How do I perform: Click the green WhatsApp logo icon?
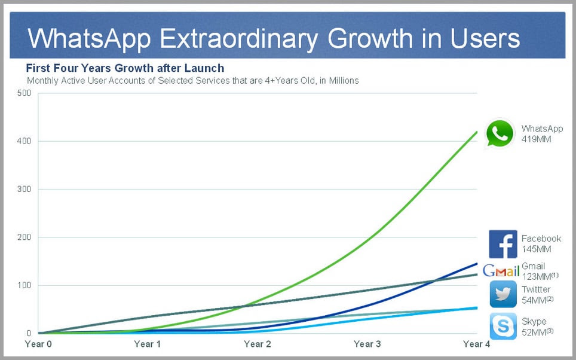[500, 133]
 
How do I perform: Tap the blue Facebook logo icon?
[503, 244]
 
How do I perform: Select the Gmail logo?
[501, 270]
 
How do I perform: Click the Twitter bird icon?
[503, 294]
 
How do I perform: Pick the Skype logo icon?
[503, 326]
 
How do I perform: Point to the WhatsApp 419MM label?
[542, 133]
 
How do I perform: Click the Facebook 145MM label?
[541, 244]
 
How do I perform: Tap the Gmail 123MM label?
[540, 271]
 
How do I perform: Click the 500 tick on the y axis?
[23, 93]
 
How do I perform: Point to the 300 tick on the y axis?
[23, 189]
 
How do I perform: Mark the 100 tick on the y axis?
[23, 285]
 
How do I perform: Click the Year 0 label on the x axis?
[38, 344]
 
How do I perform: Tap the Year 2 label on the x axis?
[258, 344]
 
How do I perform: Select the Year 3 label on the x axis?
[367, 344]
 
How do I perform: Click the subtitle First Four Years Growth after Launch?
[125, 68]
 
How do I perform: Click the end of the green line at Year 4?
[476, 132]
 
